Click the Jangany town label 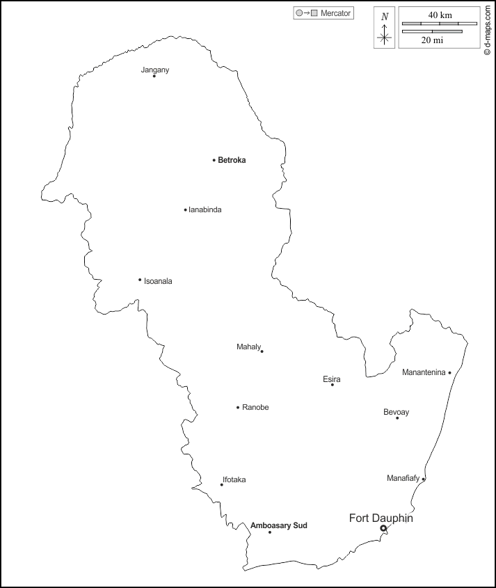click(x=155, y=70)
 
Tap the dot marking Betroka click(x=214, y=160)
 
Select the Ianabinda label click(x=205, y=209)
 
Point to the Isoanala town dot click(x=140, y=280)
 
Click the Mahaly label click(x=248, y=347)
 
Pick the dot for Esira click(x=333, y=385)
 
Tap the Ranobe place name click(x=255, y=407)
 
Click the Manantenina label click(x=424, y=372)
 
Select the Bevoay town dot click(x=397, y=418)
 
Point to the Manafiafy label click(x=403, y=478)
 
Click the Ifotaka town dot click(x=222, y=485)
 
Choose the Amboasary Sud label click(x=278, y=525)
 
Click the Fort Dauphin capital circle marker click(x=383, y=529)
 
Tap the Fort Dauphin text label click(x=381, y=518)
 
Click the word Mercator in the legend click(x=335, y=13)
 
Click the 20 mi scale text click(x=432, y=40)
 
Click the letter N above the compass click(x=385, y=17)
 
